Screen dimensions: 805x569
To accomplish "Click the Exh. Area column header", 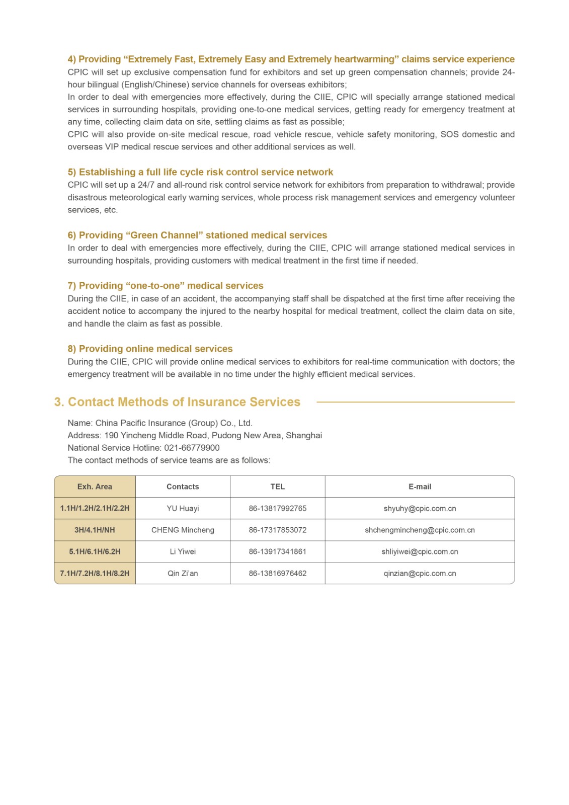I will (95, 487).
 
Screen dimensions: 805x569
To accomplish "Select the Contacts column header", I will (183, 487).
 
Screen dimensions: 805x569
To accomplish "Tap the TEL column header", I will (277, 487).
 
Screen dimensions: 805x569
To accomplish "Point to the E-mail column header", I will (420, 487).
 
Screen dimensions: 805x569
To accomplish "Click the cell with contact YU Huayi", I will (183, 508).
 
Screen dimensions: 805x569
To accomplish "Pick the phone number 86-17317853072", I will (277, 530).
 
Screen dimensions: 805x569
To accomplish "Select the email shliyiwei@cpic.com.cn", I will (420, 551).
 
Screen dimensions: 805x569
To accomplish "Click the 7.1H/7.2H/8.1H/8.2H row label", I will (95, 573).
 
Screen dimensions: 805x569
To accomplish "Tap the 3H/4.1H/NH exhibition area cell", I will (95, 530).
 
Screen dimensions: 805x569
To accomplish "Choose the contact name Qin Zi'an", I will (183, 573).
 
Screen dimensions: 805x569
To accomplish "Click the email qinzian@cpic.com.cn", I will (420, 573).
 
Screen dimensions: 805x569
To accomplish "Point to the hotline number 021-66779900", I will (192, 448).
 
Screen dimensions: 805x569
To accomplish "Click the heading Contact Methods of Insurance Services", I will (184, 402).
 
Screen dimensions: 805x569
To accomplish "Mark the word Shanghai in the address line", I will (304, 435).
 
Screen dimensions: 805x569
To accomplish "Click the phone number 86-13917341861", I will (277, 551).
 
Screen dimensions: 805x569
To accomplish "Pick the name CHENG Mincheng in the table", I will (183, 530).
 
